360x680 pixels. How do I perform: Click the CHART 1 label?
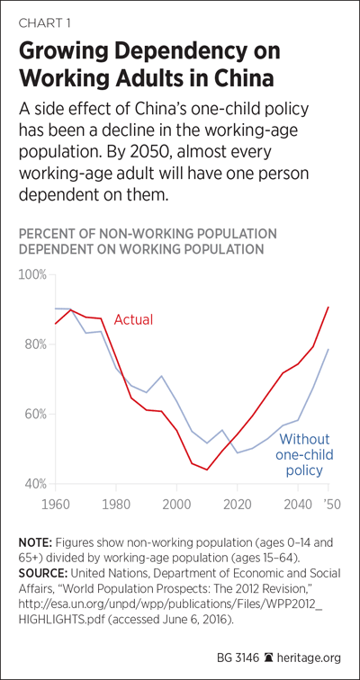coord(44,23)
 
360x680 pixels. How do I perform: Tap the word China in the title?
coord(237,80)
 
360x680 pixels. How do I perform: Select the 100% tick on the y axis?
coord(34,275)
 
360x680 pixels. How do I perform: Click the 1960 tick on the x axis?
coord(56,505)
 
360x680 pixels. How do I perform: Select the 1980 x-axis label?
coord(116,505)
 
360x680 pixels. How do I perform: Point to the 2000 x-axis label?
coord(177,505)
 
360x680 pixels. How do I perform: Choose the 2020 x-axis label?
coord(238,505)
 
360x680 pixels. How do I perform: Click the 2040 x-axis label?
coord(299,505)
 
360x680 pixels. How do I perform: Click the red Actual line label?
coord(133,320)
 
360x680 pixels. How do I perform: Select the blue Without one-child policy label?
coord(304,454)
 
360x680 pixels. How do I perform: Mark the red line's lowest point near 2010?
coord(207,470)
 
